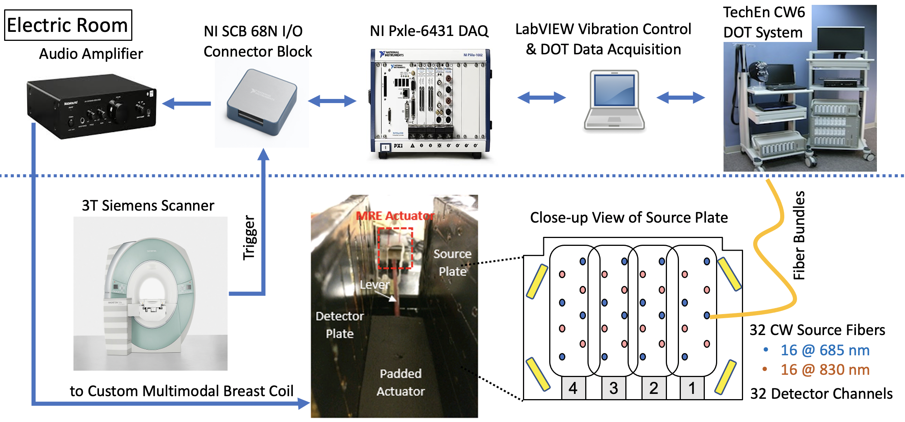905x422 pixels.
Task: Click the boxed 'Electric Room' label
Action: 68,25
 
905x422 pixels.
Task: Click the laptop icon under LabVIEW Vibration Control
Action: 614,100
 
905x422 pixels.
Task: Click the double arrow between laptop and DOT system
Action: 680,98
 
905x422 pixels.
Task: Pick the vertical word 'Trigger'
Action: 249,237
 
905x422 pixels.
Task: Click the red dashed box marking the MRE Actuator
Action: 395,248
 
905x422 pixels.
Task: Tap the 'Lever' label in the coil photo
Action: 375,285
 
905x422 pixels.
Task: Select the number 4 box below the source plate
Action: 573,388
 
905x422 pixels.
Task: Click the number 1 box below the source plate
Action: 692,388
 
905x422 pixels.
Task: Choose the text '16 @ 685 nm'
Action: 825,350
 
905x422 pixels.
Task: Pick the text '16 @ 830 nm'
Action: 825,370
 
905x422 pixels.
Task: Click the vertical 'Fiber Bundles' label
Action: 799,235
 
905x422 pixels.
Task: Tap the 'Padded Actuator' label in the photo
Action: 400,382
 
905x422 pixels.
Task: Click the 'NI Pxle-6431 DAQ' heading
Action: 429,31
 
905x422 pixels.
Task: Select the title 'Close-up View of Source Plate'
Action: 629,217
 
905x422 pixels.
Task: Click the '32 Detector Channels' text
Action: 821,394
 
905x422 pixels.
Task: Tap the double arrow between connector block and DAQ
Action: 332,100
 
